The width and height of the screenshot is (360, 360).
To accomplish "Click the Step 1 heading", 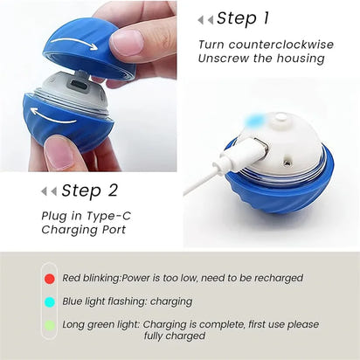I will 243,18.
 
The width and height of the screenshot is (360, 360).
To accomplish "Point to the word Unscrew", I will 224,59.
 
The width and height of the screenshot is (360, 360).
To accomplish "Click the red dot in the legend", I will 50,279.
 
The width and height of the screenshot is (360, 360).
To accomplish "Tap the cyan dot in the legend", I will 50,301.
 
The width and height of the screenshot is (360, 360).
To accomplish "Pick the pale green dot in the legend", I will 50,324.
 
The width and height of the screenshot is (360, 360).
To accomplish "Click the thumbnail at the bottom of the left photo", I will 59,154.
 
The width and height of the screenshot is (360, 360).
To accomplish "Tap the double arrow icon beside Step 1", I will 205,19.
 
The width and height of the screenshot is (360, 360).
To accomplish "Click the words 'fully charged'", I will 183,336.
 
